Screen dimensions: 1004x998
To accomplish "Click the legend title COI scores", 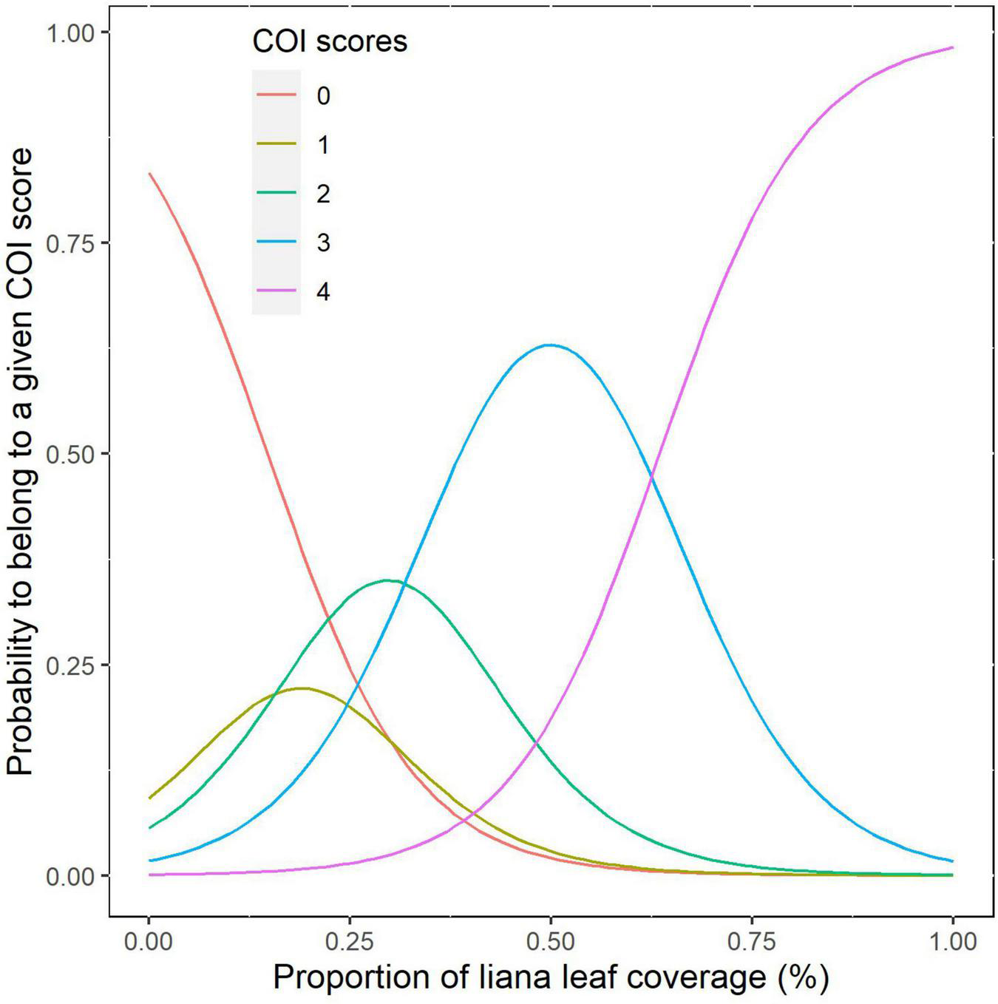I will (330, 41).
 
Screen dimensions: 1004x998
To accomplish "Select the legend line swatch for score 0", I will (276, 95).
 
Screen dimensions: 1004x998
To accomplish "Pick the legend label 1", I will (323, 145).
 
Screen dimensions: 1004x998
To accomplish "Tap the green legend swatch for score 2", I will (276, 194).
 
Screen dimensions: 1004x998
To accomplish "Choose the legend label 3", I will (323, 242).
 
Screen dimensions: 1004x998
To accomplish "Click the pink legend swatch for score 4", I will (276, 291).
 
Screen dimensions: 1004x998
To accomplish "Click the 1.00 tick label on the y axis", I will (72, 33).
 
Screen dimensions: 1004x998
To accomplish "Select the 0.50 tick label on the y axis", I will (72, 454).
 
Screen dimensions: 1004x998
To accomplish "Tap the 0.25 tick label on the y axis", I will (72, 665).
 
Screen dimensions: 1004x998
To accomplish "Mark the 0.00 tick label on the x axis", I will (149, 942).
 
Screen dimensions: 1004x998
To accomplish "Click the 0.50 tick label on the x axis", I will (551, 942).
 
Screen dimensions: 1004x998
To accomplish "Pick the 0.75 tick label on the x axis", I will (752, 942).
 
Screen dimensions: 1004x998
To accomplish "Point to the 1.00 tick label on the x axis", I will (952, 942).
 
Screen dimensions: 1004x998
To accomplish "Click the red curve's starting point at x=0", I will (149, 174).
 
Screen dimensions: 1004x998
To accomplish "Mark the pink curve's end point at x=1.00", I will (952, 47).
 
